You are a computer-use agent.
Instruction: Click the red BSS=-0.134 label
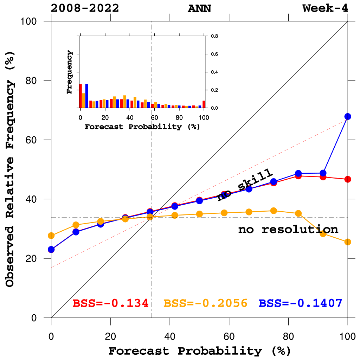110,303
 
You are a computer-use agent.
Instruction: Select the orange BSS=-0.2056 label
206,303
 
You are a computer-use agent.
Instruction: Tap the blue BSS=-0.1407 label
301,303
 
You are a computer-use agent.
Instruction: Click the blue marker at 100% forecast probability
348,116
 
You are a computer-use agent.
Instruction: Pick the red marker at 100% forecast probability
348,179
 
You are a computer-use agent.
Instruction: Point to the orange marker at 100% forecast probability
348,242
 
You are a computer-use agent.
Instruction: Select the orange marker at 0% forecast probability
51,236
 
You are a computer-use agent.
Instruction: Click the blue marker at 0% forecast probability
51,250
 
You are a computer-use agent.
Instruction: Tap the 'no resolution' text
288,230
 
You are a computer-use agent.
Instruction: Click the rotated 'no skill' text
245,185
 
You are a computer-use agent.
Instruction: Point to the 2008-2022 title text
85,8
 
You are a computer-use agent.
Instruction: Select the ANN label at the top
199,8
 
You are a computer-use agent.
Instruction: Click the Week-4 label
326,8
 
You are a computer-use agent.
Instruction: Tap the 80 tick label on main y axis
34,81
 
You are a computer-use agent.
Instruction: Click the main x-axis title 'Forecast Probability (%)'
199,351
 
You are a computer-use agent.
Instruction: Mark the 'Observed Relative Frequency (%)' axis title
10,169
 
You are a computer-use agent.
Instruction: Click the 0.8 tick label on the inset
214,36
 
